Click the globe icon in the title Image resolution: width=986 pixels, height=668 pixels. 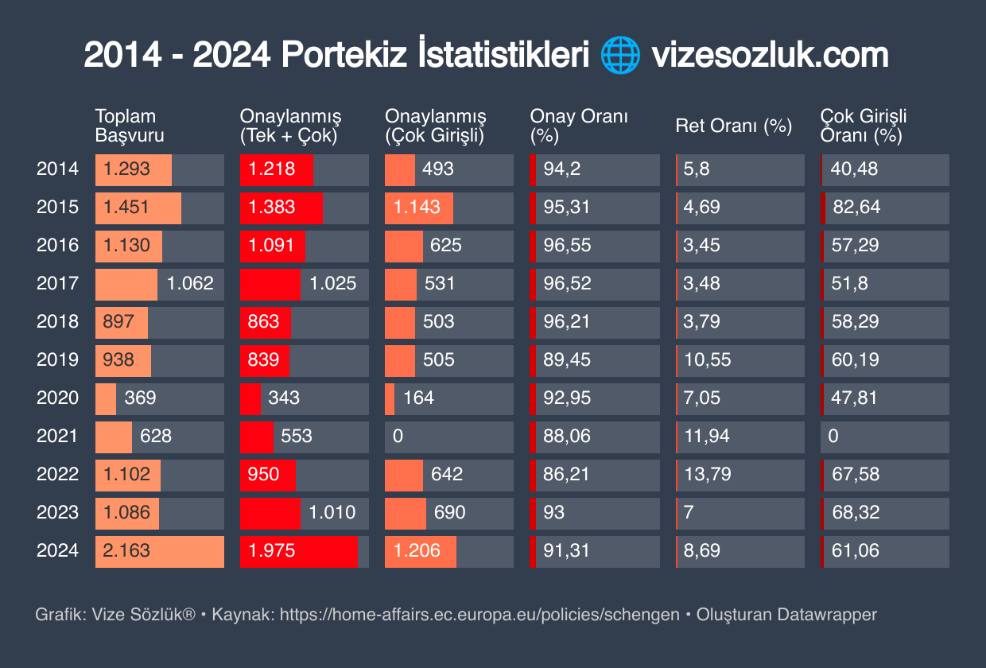point(620,56)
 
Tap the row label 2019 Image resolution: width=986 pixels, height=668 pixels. point(57,359)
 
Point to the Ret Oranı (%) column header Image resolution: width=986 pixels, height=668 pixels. point(733,126)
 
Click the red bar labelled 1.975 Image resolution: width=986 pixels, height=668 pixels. point(299,551)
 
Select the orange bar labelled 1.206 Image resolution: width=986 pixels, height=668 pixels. point(421,551)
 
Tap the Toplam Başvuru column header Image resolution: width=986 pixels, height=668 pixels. point(130,126)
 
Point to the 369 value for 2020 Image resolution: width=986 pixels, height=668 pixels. point(140,398)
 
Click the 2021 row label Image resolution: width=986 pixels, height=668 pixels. point(57,436)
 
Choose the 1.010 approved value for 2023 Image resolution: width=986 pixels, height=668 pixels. point(332,512)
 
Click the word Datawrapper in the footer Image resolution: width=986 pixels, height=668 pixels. point(827,615)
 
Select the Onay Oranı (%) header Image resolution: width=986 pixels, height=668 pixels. point(579,126)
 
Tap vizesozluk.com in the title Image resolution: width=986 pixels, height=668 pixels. point(770,56)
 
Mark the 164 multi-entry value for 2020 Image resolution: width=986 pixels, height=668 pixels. point(418,398)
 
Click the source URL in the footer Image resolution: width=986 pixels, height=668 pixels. point(479,615)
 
